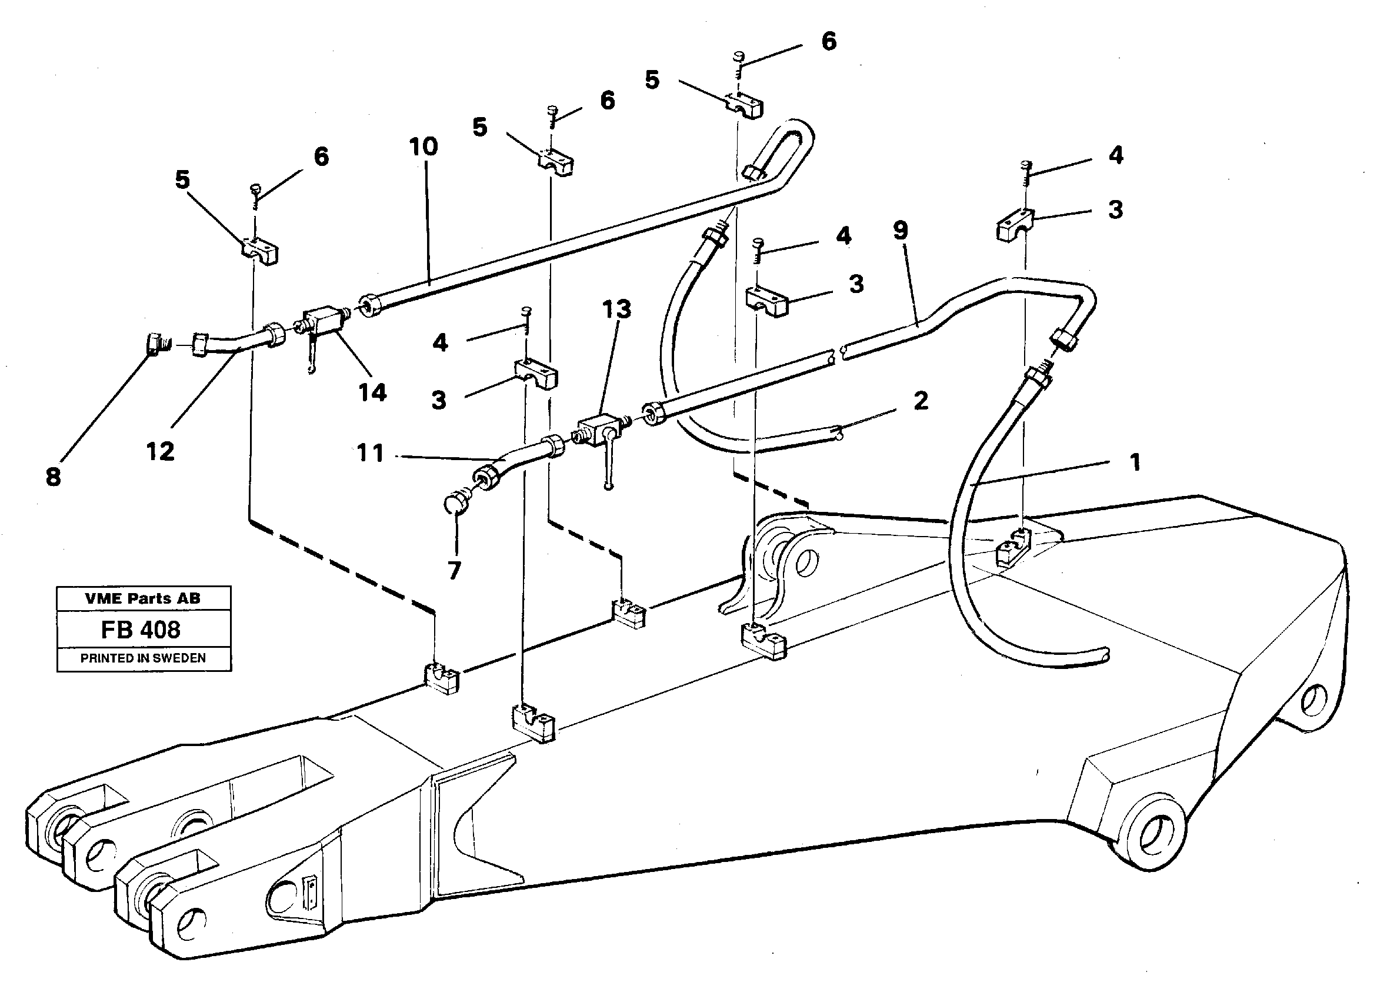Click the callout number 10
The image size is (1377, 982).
423,147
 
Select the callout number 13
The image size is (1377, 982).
616,309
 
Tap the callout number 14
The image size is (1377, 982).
372,393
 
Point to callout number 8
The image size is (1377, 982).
53,477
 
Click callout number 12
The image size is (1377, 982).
160,451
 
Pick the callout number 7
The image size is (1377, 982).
455,570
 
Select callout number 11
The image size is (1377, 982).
370,453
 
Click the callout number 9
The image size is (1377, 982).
900,231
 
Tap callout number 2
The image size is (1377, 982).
921,400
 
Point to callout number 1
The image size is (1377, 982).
1135,462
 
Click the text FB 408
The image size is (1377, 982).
141,630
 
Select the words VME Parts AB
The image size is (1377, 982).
143,598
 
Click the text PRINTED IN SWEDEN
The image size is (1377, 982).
144,658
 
